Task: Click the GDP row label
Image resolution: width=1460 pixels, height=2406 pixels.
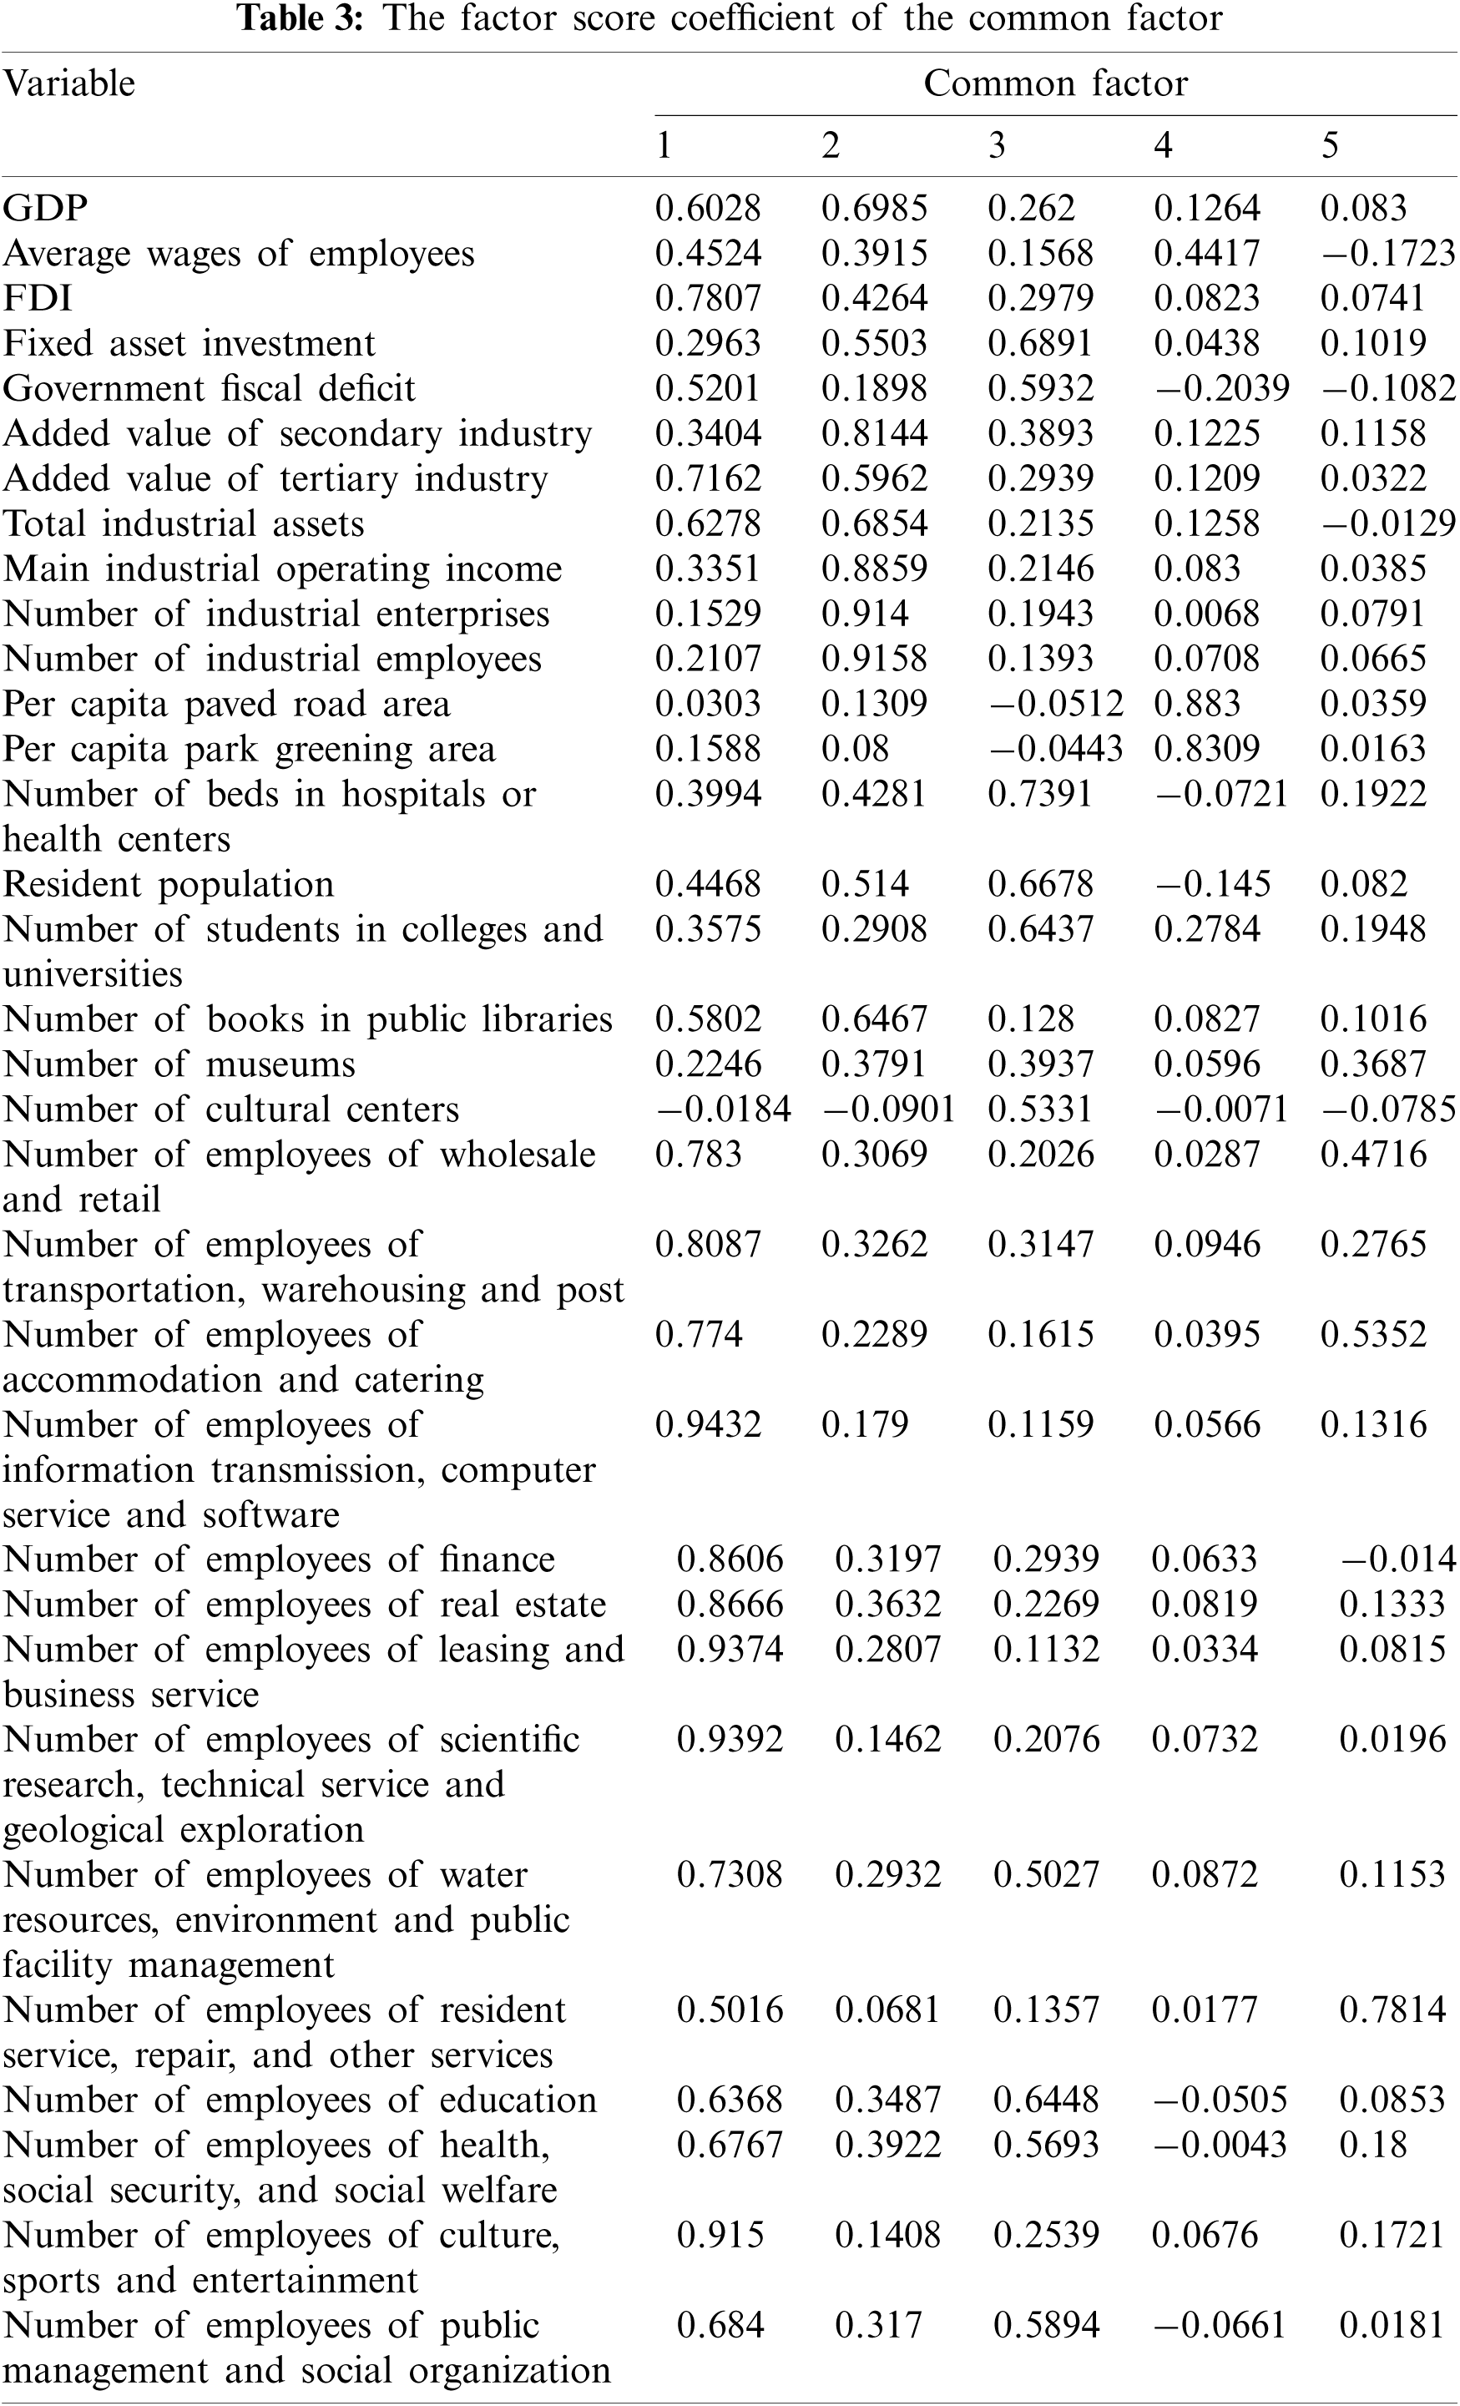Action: coord(45,208)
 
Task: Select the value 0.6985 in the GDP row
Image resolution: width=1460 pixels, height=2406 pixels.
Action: coord(874,208)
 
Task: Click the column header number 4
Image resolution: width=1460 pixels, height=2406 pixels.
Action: coord(1162,145)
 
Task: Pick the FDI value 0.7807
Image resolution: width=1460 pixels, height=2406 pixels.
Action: coord(707,298)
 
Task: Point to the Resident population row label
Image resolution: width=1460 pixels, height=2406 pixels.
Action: coord(168,884)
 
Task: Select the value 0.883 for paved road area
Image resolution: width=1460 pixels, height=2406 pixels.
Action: coord(1196,703)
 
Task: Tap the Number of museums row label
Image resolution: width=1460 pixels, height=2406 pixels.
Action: coord(179,1064)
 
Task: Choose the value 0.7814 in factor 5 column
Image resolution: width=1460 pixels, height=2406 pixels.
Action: coord(1392,2009)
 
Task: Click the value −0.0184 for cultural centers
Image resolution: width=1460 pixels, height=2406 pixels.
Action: coord(723,1109)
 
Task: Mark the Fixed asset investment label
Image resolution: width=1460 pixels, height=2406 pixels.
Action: coord(189,343)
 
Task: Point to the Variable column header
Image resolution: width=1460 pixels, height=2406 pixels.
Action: coord(68,84)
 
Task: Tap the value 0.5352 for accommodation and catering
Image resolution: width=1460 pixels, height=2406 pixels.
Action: coord(1373,1334)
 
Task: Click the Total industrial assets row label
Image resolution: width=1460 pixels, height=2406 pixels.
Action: coord(183,523)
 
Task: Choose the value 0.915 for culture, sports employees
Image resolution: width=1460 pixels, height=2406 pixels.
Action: coord(720,2234)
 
